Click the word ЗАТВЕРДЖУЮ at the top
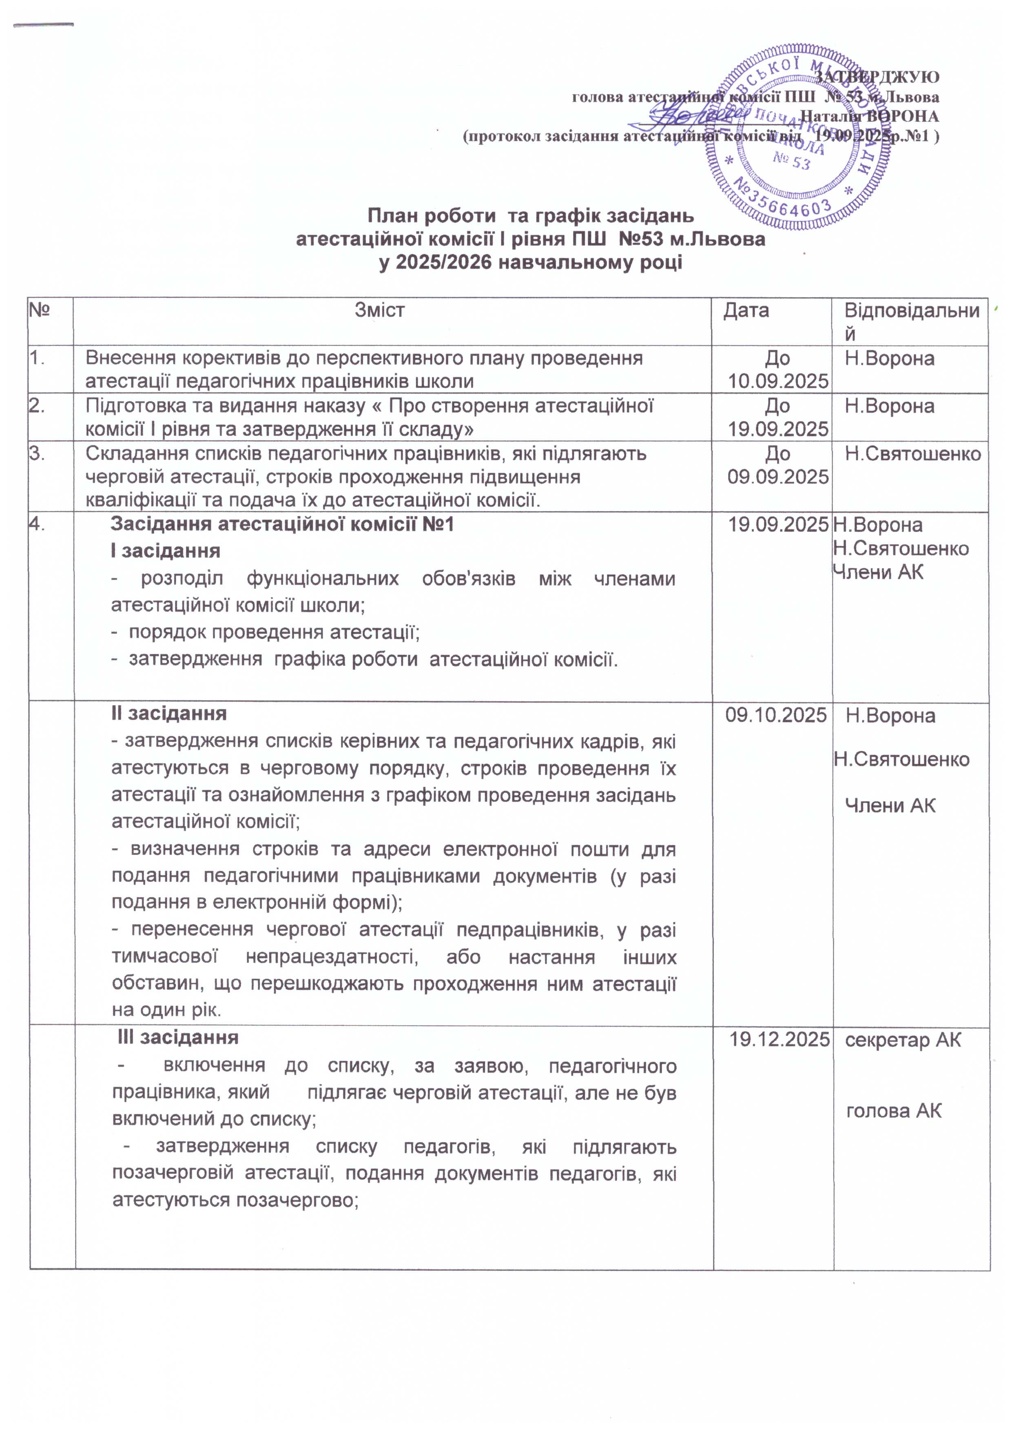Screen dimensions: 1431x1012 (x=877, y=77)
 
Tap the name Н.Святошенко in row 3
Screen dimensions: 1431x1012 (x=913, y=454)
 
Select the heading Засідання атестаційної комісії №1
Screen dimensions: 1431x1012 (x=282, y=524)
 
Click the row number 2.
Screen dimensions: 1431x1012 (x=38, y=406)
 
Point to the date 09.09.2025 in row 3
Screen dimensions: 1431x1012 (x=778, y=477)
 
